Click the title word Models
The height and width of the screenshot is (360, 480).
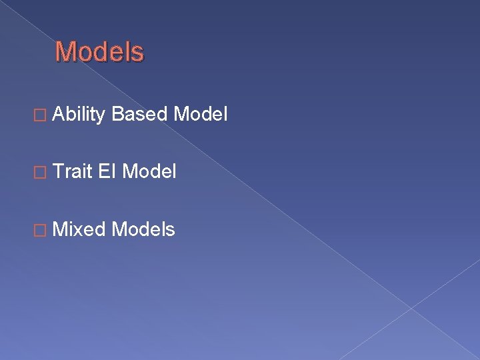[x=99, y=52]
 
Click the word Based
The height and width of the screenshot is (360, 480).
[x=140, y=115]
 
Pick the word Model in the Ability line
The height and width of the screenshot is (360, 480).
[x=201, y=115]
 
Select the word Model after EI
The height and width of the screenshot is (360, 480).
[x=150, y=173]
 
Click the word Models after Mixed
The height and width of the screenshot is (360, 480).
[x=144, y=230]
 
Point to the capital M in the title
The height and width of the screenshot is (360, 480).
[x=66, y=52]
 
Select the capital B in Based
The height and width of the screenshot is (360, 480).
[x=118, y=115]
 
